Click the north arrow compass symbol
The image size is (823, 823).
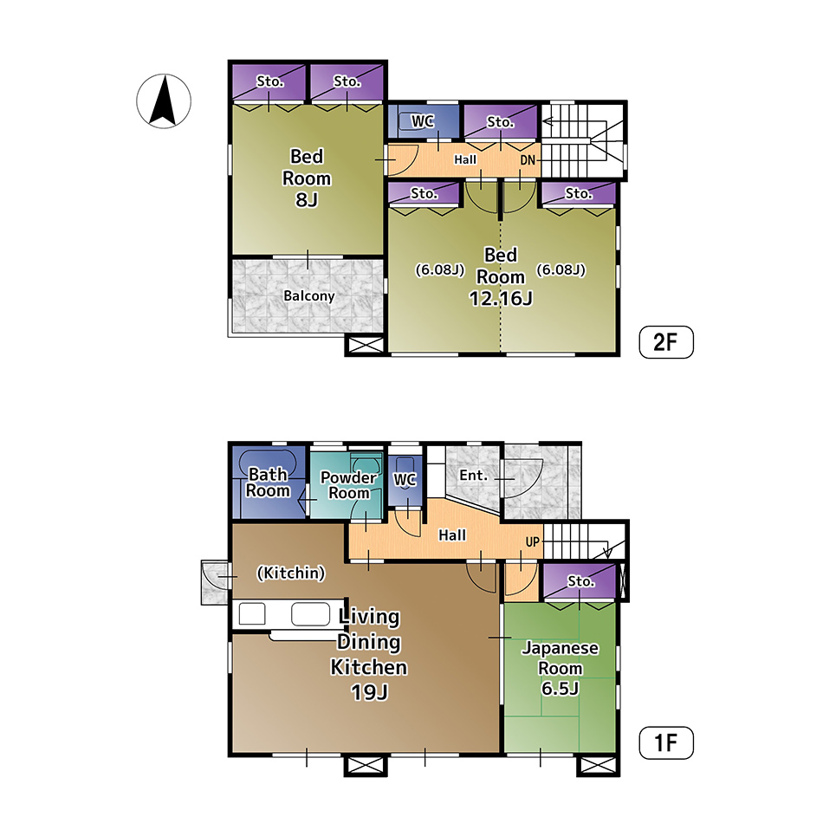pos(164,100)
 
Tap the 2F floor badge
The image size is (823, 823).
pos(666,342)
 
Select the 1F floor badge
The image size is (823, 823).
pos(666,742)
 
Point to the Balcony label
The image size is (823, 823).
pos(308,296)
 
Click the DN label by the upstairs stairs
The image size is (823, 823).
pos(528,160)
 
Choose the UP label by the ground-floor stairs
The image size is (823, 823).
pos(532,542)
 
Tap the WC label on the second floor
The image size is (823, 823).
pos(423,121)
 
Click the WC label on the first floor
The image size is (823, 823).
pos(405,480)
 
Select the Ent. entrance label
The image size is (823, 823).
pos(473,476)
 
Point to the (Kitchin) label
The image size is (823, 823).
pos(291,573)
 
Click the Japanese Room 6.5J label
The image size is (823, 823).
pos(560,668)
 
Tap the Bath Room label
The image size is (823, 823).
pos(269,483)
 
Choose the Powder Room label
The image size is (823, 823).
pos(348,485)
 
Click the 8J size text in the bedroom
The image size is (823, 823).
pos(307,200)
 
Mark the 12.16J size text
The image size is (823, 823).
pos(501,299)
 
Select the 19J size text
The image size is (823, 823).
pos(370,692)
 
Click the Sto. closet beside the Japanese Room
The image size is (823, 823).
pos(579,581)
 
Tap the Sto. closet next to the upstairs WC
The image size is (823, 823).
pos(501,122)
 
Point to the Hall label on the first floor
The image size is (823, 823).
pos(452,535)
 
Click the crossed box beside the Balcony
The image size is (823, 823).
pos(366,345)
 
